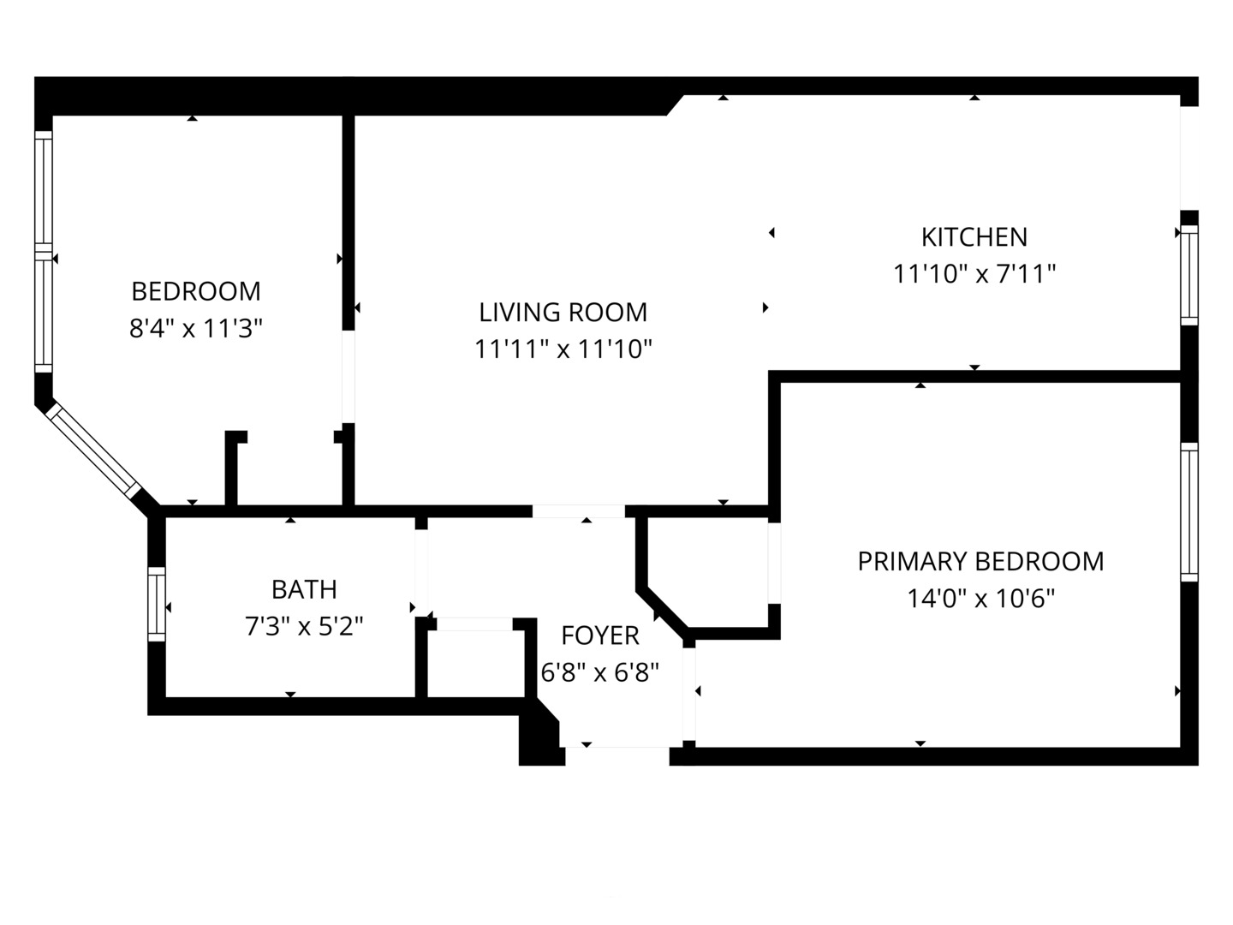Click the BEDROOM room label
(x=196, y=291)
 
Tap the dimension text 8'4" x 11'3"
(x=196, y=328)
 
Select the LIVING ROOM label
(x=563, y=313)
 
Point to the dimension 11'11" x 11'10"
(x=563, y=349)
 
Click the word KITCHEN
(x=974, y=237)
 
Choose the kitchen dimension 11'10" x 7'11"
(x=974, y=274)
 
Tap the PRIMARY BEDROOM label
(x=980, y=561)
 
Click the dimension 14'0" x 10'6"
(x=980, y=598)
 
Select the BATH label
(x=304, y=589)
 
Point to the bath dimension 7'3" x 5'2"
(x=304, y=625)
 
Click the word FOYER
(x=600, y=636)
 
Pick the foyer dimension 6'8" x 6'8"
(x=600, y=671)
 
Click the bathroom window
(x=157, y=604)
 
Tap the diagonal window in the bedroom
(x=92, y=451)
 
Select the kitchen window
(x=1188, y=275)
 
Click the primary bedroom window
(x=1188, y=512)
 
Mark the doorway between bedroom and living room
(x=348, y=377)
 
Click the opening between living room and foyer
(x=579, y=511)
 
